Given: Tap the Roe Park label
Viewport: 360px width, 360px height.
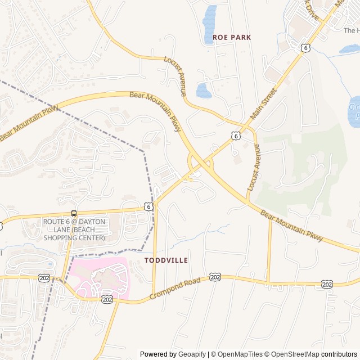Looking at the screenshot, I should tap(232, 37).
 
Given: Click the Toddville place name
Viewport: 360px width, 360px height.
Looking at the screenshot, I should tap(166, 260).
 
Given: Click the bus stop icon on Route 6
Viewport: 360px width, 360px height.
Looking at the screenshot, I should tap(74, 213).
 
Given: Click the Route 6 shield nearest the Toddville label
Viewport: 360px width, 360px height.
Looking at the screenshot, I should tap(148, 206).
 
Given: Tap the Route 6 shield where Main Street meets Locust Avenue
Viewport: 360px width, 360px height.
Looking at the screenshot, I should tap(236, 136).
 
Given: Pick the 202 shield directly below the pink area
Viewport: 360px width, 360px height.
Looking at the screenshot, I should tap(107, 300).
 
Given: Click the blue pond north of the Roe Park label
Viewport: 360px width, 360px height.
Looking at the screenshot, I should tap(209, 17).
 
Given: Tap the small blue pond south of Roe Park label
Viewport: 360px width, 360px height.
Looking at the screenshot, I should tap(204, 90).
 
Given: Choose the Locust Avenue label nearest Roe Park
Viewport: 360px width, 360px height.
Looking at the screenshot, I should tap(174, 76).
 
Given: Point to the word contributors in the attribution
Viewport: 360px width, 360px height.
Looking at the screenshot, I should tap(339, 354).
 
